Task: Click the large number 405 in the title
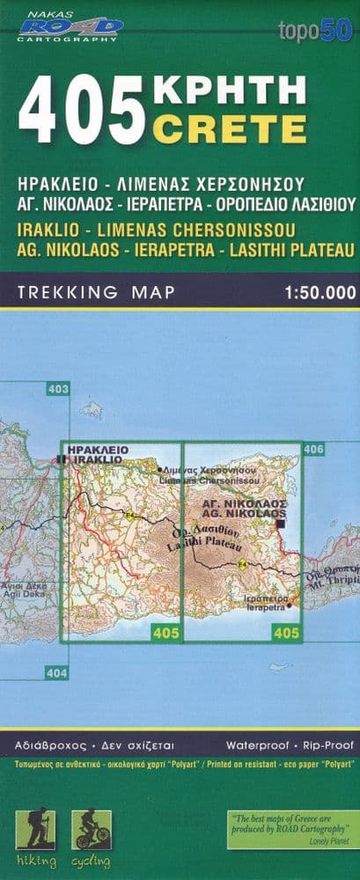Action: (81, 111)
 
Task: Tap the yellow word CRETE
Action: (230, 129)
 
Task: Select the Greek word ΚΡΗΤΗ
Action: (230, 91)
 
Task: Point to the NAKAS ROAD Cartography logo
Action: (70, 26)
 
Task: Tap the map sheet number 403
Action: (58, 389)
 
